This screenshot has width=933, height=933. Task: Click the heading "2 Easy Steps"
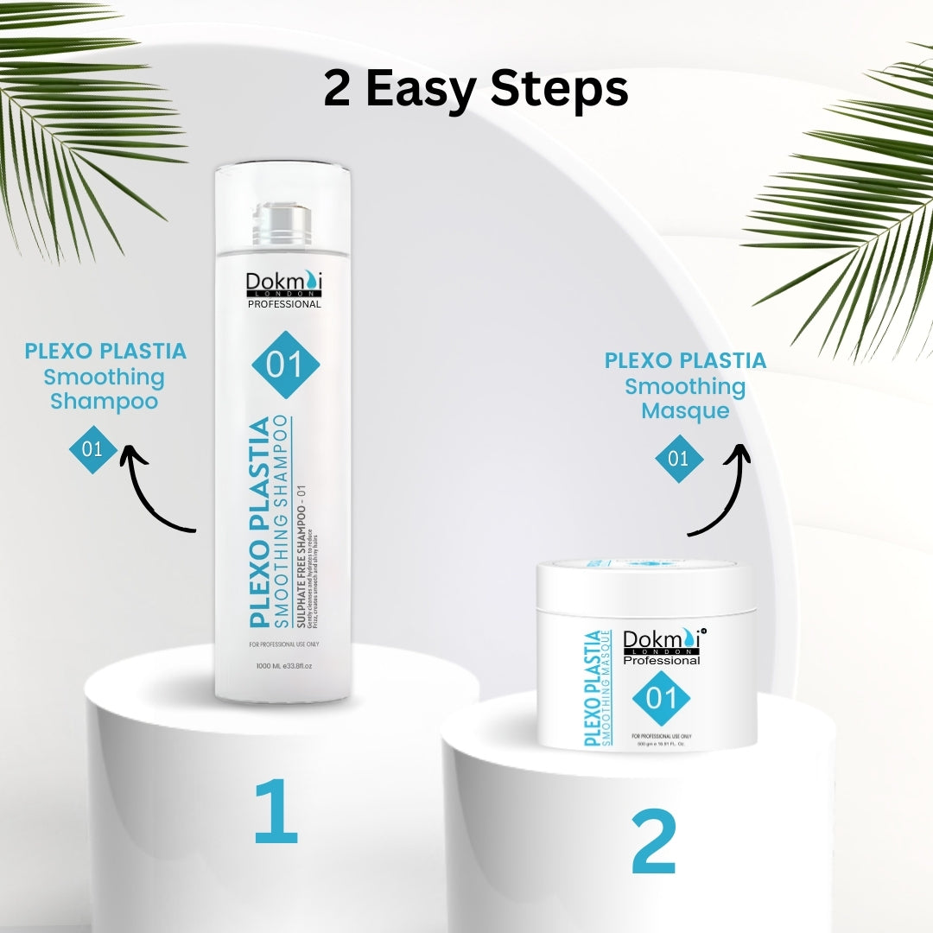pyautogui.click(x=476, y=90)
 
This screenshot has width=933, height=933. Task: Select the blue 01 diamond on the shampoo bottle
pyautogui.click(x=286, y=365)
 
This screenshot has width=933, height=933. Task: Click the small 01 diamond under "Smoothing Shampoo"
pyautogui.click(x=92, y=448)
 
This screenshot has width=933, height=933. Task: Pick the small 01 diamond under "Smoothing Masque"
pyautogui.click(x=679, y=457)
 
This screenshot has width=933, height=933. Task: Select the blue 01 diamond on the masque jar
pyautogui.click(x=662, y=697)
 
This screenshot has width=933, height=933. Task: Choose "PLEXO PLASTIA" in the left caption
pyautogui.click(x=105, y=352)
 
